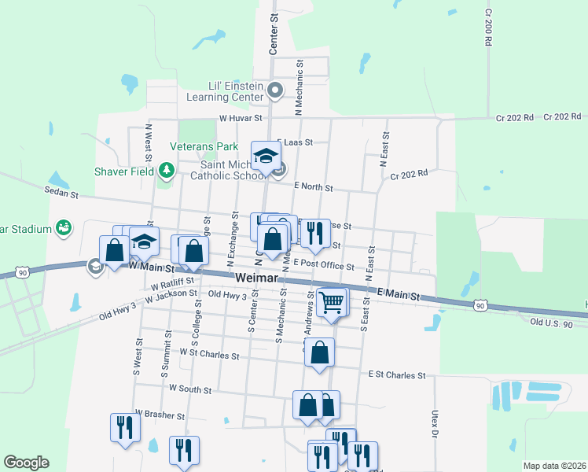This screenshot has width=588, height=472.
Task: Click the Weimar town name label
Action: tap(256, 279)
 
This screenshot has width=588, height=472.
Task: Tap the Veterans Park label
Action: tap(204, 146)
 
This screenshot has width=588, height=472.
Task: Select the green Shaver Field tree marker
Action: tap(166, 170)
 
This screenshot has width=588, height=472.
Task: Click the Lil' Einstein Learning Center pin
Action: tap(275, 91)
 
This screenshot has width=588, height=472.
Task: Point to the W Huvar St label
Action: tap(239, 119)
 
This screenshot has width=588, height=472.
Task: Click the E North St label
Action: tap(313, 187)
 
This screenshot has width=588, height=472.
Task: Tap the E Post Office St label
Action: tap(324, 266)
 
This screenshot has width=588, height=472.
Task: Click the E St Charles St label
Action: tap(396, 376)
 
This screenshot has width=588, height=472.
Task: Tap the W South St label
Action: tap(190, 389)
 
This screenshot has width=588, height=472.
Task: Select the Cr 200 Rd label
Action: tap(488, 28)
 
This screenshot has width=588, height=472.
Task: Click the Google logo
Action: tap(26, 462)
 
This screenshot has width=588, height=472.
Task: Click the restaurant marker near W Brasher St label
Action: tap(125, 427)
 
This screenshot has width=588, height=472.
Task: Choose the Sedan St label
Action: tap(64, 193)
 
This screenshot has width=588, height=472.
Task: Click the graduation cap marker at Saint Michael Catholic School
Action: tap(266, 154)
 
